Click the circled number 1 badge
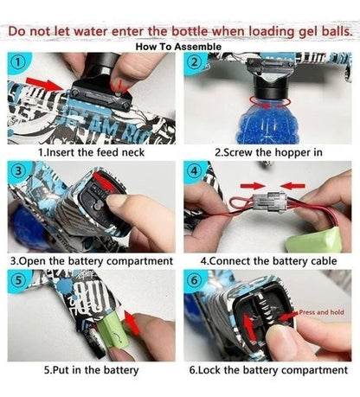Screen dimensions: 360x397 [x=18, y=62]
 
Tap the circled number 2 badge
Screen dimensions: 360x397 [x=195, y=62]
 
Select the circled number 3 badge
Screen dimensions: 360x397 [x=18, y=171]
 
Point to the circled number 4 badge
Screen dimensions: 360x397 [x=195, y=171]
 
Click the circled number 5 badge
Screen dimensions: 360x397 [x=18, y=280]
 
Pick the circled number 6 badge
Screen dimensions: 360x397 [x=195, y=280]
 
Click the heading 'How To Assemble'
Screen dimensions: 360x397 [x=178, y=47]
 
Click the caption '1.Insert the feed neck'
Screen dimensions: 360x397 [x=91, y=152]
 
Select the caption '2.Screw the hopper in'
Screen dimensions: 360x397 [x=268, y=152]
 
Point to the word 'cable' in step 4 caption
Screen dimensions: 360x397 [x=324, y=261]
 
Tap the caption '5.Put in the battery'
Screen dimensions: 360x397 [x=91, y=370]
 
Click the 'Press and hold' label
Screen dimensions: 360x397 [x=321, y=312]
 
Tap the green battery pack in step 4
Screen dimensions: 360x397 [x=318, y=240]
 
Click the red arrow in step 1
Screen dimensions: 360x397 [x=44, y=83]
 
